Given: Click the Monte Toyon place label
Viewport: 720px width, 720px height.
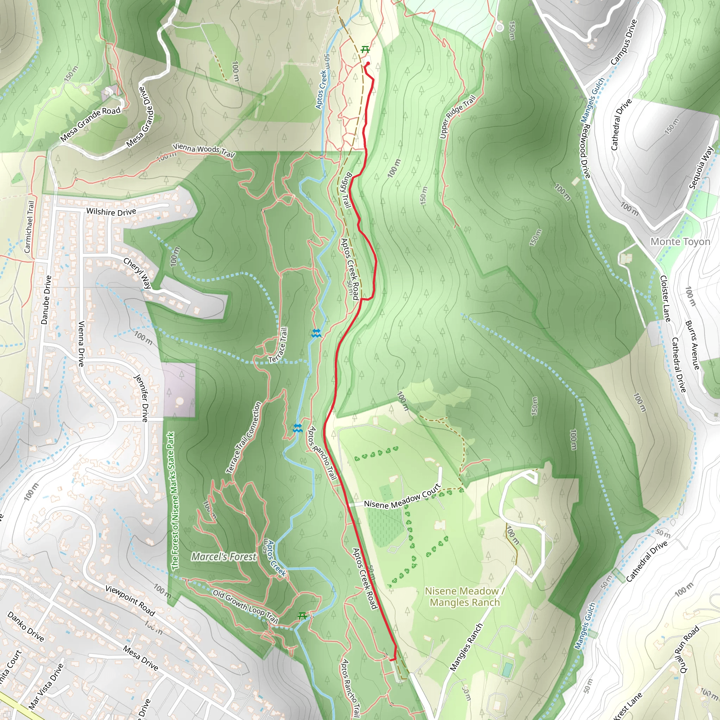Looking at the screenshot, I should [680, 242].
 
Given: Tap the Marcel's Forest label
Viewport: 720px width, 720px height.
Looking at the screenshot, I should [224, 557].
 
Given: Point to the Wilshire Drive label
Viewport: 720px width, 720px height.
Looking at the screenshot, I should [111, 212].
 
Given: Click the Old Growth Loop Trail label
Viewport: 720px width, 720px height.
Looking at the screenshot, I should [246, 606].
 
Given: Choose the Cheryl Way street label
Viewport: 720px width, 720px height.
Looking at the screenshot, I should [137, 273].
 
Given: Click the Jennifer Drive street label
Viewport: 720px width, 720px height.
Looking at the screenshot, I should [142, 398].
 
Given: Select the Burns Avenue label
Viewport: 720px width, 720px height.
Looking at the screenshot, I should [693, 345].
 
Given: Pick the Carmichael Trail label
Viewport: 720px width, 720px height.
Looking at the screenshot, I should [29, 227].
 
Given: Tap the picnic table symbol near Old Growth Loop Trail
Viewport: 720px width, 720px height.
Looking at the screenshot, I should [302, 616].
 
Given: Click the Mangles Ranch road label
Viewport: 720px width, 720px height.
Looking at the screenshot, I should [466, 647].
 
